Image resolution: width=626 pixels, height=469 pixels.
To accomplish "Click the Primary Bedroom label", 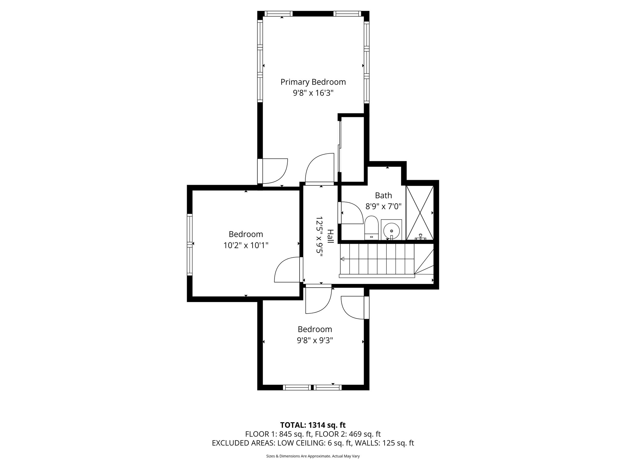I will pos(313,82).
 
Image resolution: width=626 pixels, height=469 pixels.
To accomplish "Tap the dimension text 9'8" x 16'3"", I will pos(313,93).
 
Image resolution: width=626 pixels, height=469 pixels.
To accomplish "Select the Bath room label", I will pos(383,195).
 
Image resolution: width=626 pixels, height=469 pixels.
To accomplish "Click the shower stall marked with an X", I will pos(420,213).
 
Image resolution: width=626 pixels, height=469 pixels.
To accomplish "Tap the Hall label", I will pos(330,236).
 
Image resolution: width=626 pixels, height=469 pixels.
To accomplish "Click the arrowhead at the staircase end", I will pos(343,259).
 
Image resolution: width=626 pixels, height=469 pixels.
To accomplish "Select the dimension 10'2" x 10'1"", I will pos(246,245).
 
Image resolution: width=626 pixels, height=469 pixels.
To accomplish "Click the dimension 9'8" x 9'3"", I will pos(315,340).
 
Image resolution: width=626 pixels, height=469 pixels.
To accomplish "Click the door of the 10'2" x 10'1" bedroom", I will pos(287,269).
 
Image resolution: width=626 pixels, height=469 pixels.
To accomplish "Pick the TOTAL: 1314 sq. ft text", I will pos(313,425).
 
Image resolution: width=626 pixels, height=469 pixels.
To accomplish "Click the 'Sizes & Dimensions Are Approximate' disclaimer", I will pos(313,456).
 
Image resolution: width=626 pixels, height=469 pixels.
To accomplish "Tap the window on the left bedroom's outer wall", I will pos(190,244).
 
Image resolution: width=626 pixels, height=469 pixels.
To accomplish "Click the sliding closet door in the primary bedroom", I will pos(339,147).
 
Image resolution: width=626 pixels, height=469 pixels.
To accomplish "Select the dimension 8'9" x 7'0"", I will pos(383,206).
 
